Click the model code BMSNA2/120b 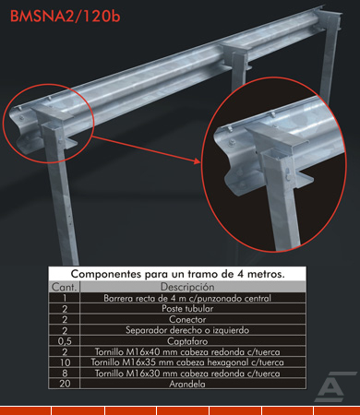(x=65, y=17)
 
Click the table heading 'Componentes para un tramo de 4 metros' (x=177, y=274)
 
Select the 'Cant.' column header (x=64, y=287)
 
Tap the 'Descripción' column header (x=187, y=287)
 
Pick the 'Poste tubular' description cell (x=187, y=309)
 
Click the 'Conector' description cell (x=187, y=319)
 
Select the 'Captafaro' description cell (x=187, y=341)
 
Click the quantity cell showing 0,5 (x=65, y=341)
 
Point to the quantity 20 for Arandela (x=65, y=384)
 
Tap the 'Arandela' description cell (x=187, y=384)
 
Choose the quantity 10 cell (x=65, y=362)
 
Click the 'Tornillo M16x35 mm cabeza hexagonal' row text (x=187, y=362)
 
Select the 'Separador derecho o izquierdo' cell (x=187, y=330)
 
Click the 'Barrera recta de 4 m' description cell (x=187, y=298)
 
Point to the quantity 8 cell (x=65, y=373)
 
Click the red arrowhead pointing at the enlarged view (x=198, y=161)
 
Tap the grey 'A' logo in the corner (x=332, y=386)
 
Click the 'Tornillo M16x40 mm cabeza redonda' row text (x=187, y=351)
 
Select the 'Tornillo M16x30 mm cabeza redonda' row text (x=187, y=373)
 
